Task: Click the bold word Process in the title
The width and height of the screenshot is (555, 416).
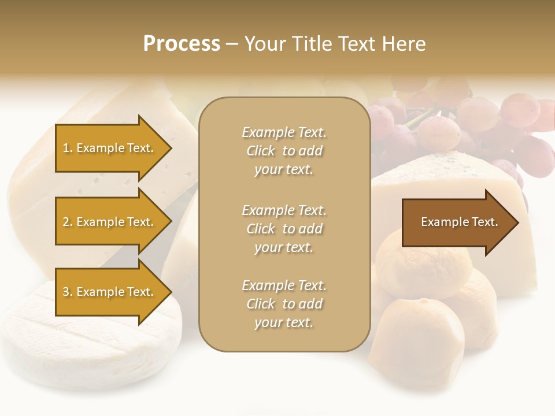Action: pos(182,44)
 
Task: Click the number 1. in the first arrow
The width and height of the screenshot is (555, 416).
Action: pos(68,148)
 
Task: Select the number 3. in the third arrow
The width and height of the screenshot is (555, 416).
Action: pos(68,292)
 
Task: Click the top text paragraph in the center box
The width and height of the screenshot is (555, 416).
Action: pos(284,151)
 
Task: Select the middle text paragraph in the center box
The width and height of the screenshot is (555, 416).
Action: pos(284,229)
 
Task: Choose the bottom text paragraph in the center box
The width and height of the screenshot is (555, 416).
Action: pos(284,304)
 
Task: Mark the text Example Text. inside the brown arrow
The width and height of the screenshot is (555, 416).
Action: pos(459,222)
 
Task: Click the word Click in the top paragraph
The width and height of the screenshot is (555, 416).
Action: pos(261,151)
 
